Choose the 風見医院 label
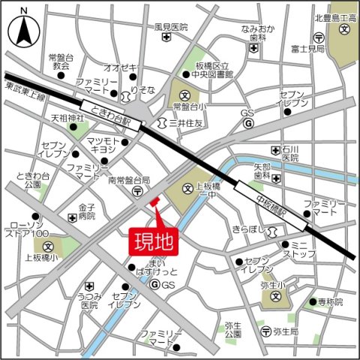tap(170, 27)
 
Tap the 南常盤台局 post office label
tap(129, 181)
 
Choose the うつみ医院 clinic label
tap(90, 301)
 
